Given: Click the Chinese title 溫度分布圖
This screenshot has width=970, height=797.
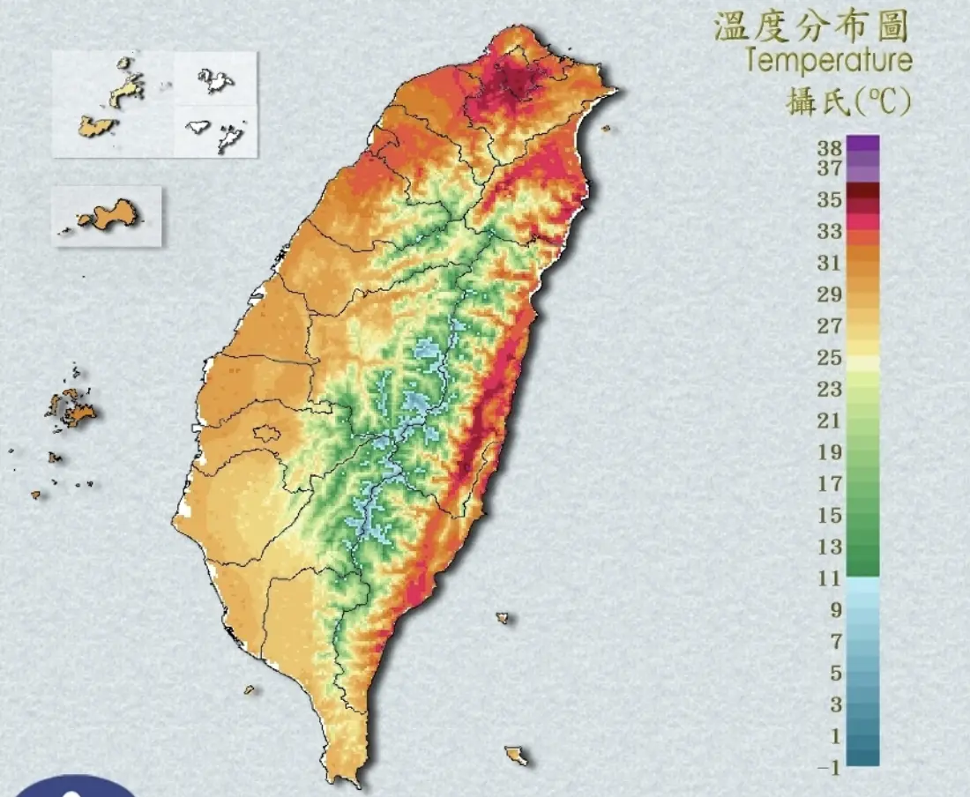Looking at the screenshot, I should (810, 27).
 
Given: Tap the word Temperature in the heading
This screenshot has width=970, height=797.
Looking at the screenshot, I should (828, 62).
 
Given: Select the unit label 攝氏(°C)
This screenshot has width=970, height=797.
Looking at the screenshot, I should (847, 101).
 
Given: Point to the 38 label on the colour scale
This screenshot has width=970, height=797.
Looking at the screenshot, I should (829, 147).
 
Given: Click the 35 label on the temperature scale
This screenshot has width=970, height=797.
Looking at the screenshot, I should (829, 199).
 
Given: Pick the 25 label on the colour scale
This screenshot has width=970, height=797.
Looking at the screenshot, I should (829, 358).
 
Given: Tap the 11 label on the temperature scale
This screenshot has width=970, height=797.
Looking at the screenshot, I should (829, 578).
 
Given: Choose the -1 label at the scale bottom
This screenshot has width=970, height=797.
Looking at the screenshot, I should (829, 768).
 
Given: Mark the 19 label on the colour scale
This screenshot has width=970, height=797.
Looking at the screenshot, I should (829, 452).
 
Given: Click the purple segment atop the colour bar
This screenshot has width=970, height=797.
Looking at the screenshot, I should (862, 144).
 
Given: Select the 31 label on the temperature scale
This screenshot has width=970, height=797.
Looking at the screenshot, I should (829, 263).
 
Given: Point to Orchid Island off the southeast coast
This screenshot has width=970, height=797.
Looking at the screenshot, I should (517, 756).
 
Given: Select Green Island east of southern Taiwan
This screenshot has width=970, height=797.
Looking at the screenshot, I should (503, 618).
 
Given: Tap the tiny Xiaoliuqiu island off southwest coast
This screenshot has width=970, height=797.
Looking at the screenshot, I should (250, 689).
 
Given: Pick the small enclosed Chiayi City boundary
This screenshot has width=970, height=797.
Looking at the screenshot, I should (266, 434).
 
